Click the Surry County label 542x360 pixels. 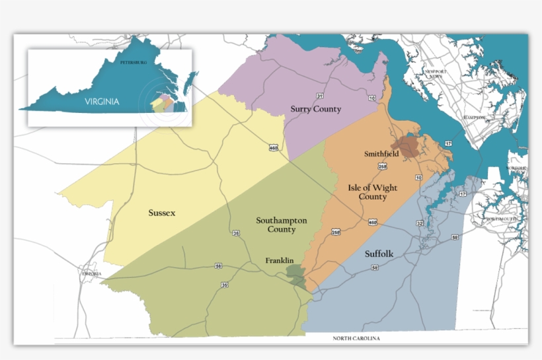pyautogui.click(x=316, y=109)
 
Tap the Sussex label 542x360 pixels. pyautogui.click(x=161, y=213)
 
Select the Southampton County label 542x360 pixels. pyautogui.click(x=276, y=225)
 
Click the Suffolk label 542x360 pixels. pyautogui.click(x=379, y=253)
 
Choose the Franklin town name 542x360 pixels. pyautogui.click(x=280, y=260)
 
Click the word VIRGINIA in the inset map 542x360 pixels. pyautogui.click(x=102, y=102)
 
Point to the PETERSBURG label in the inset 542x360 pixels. pyautogui.click(x=132, y=62)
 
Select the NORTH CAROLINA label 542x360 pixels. pyautogui.click(x=356, y=339)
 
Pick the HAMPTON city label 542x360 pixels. pyautogui.click(x=474, y=118)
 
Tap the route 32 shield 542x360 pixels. pyautogui.click(x=419, y=224)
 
